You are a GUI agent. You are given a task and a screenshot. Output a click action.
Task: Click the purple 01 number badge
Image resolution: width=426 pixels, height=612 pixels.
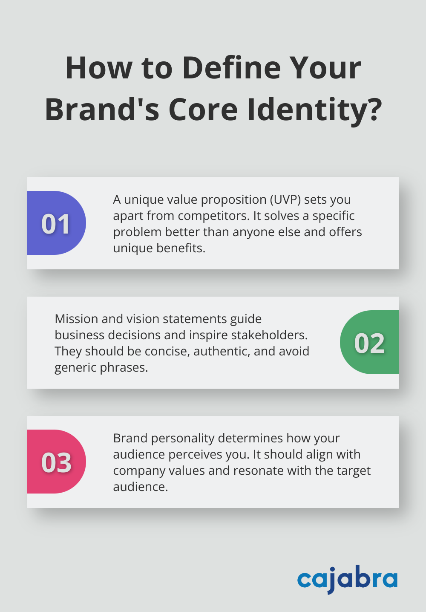(56, 223)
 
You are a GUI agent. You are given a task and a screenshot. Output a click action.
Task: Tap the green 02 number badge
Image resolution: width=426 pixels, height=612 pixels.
(369, 343)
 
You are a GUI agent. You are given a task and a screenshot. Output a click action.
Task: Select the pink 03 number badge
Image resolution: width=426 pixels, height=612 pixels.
(56, 462)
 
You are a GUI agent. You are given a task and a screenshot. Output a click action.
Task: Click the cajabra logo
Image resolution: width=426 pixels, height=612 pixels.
(347, 579)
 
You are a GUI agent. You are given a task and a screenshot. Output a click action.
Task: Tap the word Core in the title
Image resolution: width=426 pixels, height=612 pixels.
(203, 110)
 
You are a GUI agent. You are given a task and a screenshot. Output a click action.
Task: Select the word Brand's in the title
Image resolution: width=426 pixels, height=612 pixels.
(102, 110)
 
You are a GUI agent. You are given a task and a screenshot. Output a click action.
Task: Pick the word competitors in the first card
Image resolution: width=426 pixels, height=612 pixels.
(213, 216)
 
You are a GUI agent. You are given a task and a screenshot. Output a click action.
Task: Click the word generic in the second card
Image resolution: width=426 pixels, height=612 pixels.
(75, 367)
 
